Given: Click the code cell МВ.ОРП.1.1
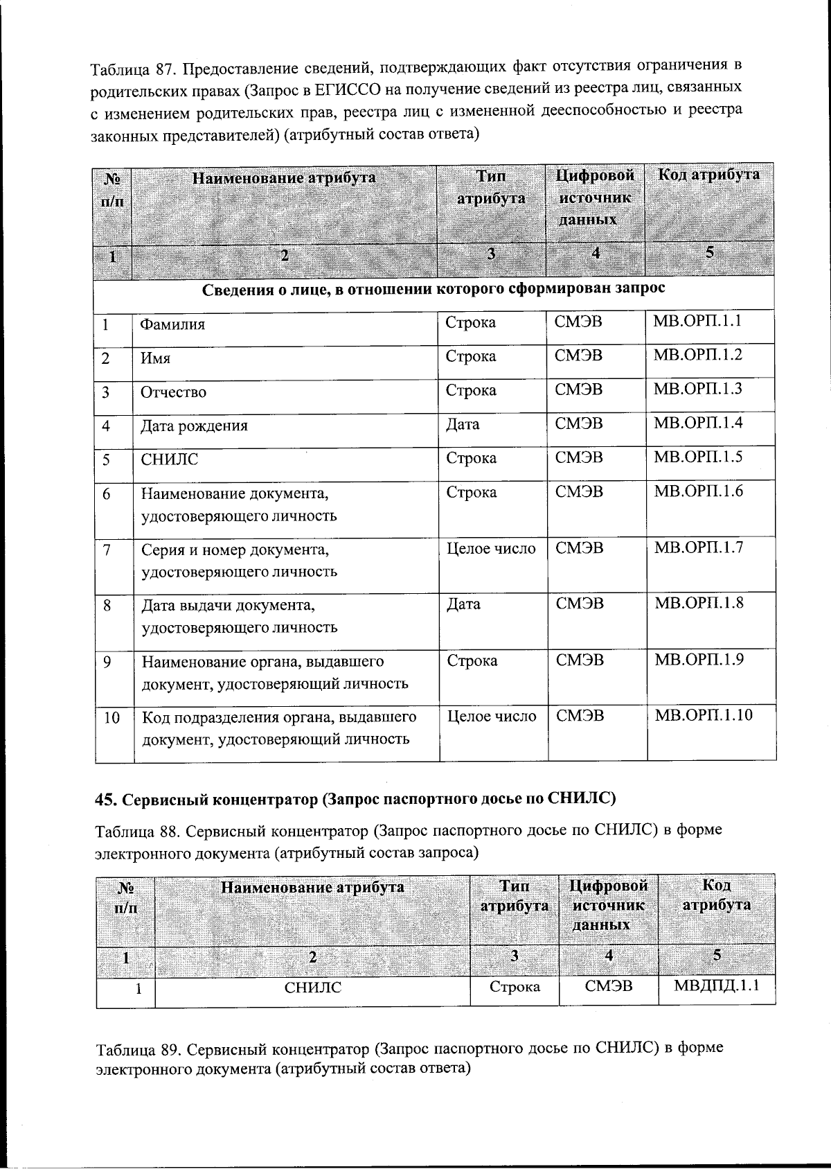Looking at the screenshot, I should pyautogui.click(x=697, y=321).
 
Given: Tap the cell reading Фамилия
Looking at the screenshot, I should pyautogui.click(x=172, y=324).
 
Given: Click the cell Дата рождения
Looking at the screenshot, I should pyautogui.click(x=194, y=425).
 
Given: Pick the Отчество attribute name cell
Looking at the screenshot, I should pyautogui.click(x=173, y=392).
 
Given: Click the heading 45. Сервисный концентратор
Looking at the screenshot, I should pyautogui.click(x=355, y=798).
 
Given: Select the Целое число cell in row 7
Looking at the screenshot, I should pyautogui.click(x=491, y=549).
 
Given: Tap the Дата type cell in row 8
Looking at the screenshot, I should pyautogui.click(x=463, y=604).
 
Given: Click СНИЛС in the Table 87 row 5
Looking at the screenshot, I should pyautogui.click(x=169, y=459).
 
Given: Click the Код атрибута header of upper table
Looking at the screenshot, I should pyautogui.click(x=708, y=175).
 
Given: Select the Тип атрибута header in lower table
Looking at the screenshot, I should pyautogui.click(x=515, y=895).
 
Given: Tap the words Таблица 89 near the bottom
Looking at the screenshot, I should pyautogui.click(x=134, y=1048).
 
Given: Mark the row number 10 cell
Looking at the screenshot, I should pyautogui.click(x=111, y=718).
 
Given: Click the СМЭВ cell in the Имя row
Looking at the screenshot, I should pyautogui.click(x=578, y=356).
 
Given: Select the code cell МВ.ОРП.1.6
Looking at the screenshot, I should pyautogui.click(x=698, y=491).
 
